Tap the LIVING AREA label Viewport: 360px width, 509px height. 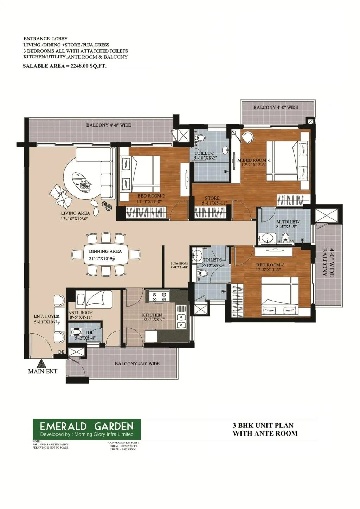(75, 213)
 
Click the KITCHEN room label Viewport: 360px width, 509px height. (152, 315)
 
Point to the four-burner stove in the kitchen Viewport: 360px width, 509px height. (157, 297)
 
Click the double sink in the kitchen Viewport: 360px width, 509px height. (181, 321)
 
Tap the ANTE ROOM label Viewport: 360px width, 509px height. (81, 313)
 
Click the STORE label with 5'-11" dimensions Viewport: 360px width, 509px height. (212, 198)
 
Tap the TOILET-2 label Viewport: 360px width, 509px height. (204, 153)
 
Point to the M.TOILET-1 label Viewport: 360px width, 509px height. (288, 222)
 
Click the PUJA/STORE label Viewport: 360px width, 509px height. (179, 263)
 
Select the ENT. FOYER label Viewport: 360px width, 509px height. (47, 316)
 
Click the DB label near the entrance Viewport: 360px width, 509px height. (61, 352)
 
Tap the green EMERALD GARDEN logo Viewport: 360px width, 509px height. (87, 429)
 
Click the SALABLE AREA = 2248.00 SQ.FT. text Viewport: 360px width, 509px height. (64, 66)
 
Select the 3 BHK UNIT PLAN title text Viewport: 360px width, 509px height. (263, 425)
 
